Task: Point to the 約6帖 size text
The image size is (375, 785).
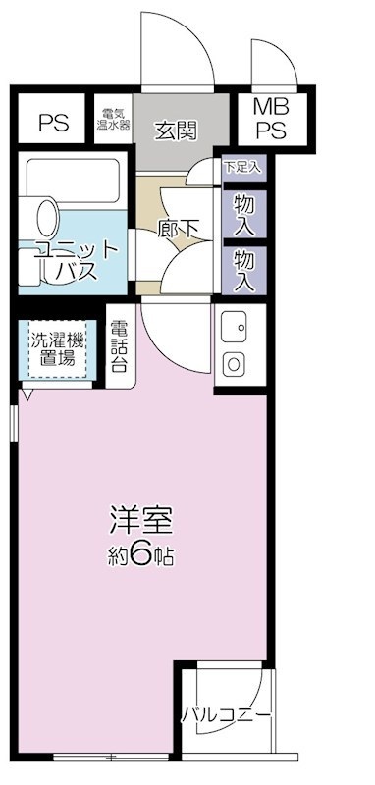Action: click(x=141, y=555)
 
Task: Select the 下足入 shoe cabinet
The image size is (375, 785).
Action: click(x=242, y=167)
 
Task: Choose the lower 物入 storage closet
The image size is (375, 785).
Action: click(x=243, y=270)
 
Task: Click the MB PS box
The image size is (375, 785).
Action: click(x=271, y=119)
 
